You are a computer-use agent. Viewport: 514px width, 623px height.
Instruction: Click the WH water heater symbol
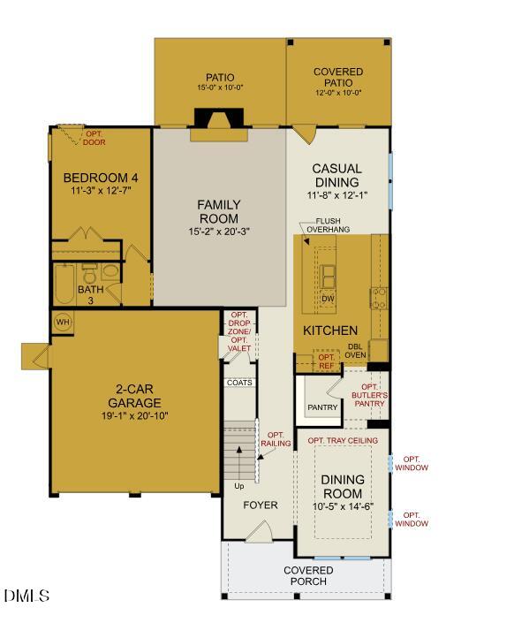click(x=63, y=321)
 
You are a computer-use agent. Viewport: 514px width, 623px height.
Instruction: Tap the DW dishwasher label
click(x=328, y=299)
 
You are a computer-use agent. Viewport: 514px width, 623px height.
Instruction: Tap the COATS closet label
click(x=239, y=383)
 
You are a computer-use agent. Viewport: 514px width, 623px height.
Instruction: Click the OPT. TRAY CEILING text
click(x=343, y=440)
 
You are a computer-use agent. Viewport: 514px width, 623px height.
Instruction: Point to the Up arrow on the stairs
click(x=238, y=453)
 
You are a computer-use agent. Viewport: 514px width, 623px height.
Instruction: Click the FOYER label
click(x=261, y=505)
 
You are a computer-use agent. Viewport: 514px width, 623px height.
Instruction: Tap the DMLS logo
click(x=26, y=596)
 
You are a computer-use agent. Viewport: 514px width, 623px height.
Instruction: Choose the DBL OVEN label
click(x=355, y=351)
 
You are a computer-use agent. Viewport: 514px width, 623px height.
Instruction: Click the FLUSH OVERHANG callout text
click(x=328, y=225)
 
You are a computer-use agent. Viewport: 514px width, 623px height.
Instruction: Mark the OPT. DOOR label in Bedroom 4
click(x=94, y=138)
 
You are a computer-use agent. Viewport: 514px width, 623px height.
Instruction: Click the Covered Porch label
click(x=308, y=576)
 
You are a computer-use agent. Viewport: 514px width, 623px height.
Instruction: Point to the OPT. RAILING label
click(x=276, y=440)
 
